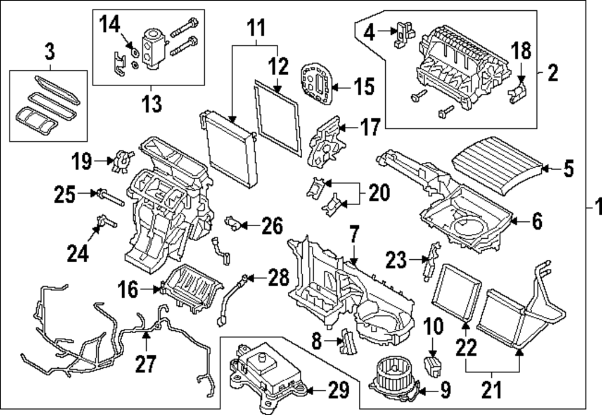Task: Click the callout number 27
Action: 146,363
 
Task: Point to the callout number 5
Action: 569,170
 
